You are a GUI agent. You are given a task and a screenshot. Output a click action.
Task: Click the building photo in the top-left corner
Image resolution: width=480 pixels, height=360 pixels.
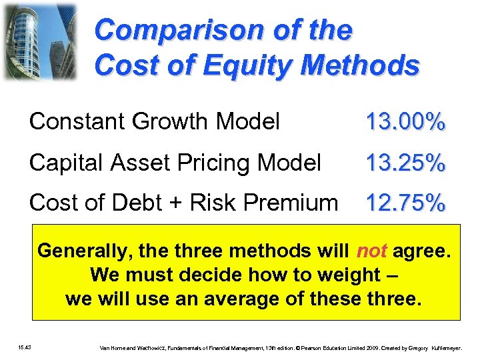point(40,41)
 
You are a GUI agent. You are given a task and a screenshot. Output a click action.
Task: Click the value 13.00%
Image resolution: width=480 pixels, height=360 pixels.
point(405,123)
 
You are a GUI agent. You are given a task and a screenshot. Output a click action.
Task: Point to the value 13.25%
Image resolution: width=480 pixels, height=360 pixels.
point(405,163)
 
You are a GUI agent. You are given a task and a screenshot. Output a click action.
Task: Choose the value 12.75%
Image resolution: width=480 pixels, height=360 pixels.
point(405,203)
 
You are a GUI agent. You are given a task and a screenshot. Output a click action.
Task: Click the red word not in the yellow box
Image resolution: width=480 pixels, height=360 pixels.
point(372,251)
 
